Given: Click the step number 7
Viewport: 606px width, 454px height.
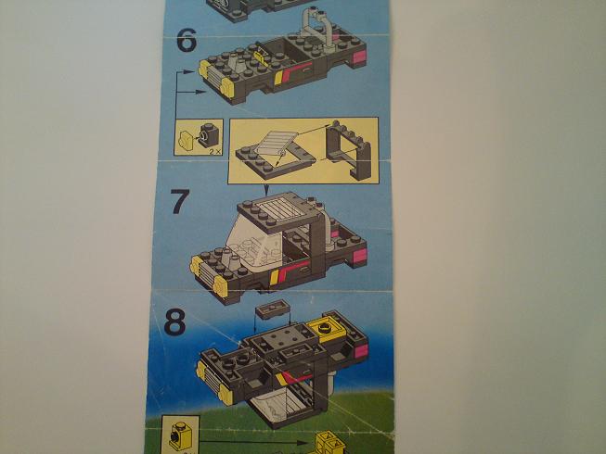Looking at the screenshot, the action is click(180, 201).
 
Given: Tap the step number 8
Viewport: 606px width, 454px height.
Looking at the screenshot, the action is click(174, 322).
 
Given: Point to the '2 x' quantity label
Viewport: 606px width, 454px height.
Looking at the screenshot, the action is click(215, 152).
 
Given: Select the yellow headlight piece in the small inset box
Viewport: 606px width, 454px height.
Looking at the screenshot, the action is click(187, 140).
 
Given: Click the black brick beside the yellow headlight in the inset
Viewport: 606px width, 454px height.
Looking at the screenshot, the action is click(209, 135).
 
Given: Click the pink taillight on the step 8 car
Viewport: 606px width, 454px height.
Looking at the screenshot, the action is click(361, 352).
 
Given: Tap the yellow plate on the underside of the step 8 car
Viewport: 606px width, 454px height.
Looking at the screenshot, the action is click(328, 328).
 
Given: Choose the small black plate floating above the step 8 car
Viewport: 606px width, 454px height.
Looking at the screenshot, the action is click(272, 309).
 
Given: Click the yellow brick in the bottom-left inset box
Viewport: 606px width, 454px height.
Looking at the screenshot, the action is click(179, 435).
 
